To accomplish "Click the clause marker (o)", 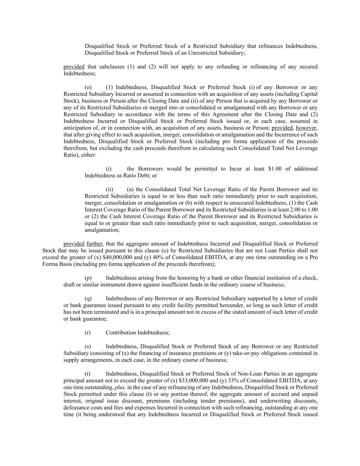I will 88,87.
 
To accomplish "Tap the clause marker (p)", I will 88,278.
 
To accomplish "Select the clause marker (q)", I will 88,298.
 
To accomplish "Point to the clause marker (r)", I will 88,333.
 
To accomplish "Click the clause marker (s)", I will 88,346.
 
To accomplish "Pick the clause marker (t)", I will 87,373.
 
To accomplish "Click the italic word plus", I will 120,387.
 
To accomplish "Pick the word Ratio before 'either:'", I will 70,155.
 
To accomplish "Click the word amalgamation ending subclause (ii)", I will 102,230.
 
